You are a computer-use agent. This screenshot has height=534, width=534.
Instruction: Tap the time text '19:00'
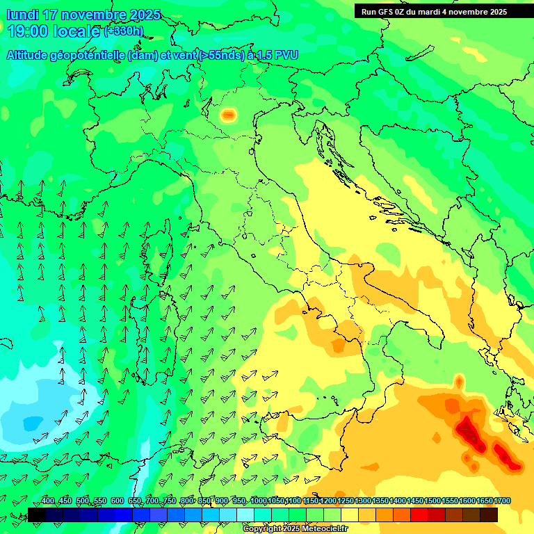point(29,31)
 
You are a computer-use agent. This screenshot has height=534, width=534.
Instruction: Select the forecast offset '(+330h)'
point(124,31)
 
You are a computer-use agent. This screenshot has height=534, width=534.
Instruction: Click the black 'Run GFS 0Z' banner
point(434,12)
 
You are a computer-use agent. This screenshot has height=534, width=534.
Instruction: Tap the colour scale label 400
point(48,501)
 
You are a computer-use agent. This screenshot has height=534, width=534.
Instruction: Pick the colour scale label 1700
point(503,501)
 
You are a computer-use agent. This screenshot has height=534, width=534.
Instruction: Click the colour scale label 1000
point(259,501)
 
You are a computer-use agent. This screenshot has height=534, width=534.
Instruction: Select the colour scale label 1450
point(415,501)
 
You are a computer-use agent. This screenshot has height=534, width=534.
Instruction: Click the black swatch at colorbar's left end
point(36,515)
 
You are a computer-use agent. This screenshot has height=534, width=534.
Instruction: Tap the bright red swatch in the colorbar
point(419,515)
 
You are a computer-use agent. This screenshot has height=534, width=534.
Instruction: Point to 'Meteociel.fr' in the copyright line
point(320,529)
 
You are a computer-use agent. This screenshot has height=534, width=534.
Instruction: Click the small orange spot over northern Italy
point(228,115)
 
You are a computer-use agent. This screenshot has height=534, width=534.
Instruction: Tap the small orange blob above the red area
point(459,381)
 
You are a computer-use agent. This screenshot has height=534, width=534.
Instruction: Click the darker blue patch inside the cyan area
point(32,422)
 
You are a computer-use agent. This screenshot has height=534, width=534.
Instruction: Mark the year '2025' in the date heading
point(145,15)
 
